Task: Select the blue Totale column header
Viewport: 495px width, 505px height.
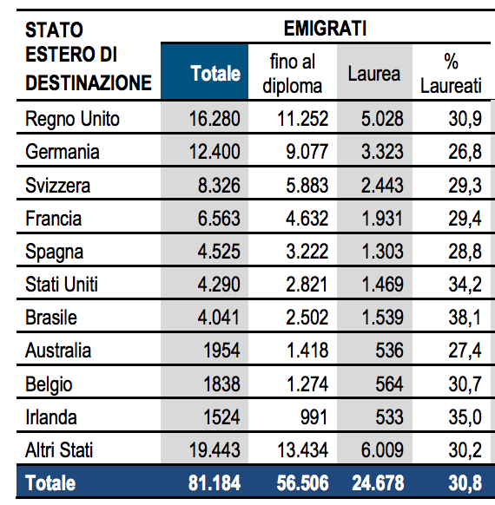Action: (x=215, y=74)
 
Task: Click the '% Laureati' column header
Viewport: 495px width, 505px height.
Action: (x=451, y=74)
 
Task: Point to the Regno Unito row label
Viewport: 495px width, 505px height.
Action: (x=73, y=118)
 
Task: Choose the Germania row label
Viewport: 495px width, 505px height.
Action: (x=63, y=152)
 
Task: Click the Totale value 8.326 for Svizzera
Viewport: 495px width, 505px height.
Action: (x=214, y=185)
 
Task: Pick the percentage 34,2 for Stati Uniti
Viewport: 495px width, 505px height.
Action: (x=463, y=285)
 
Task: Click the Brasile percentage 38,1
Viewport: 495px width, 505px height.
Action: (x=463, y=318)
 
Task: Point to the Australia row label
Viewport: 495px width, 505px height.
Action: (x=58, y=351)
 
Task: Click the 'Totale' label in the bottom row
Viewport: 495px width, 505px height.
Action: (x=50, y=484)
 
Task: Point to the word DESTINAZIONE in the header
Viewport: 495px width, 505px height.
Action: (x=89, y=83)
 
